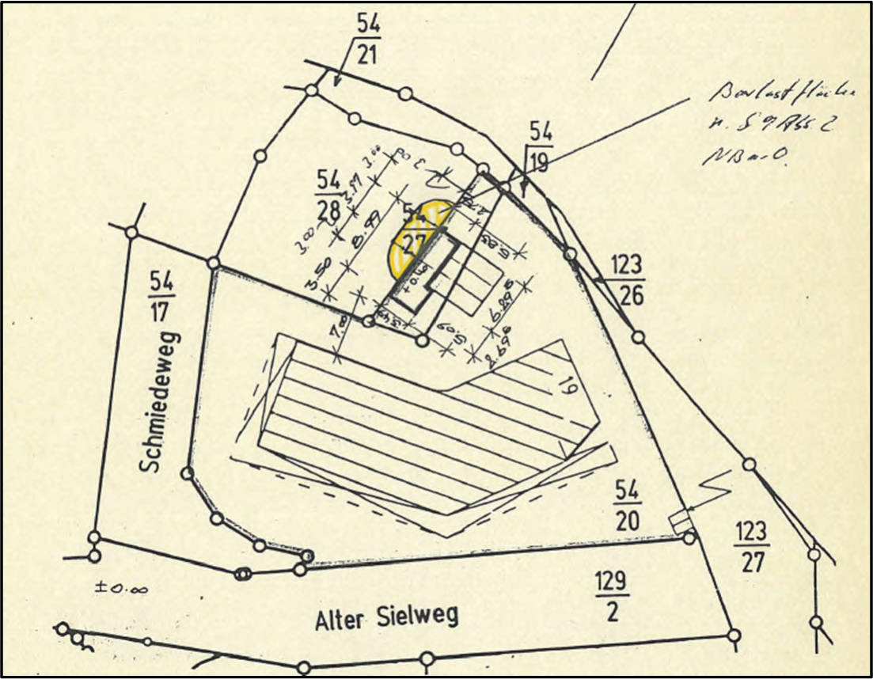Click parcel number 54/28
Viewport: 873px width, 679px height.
[x=327, y=195]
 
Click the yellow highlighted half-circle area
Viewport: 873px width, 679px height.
[x=415, y=234]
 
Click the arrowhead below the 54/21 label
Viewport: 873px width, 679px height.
[x=336, y=81]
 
